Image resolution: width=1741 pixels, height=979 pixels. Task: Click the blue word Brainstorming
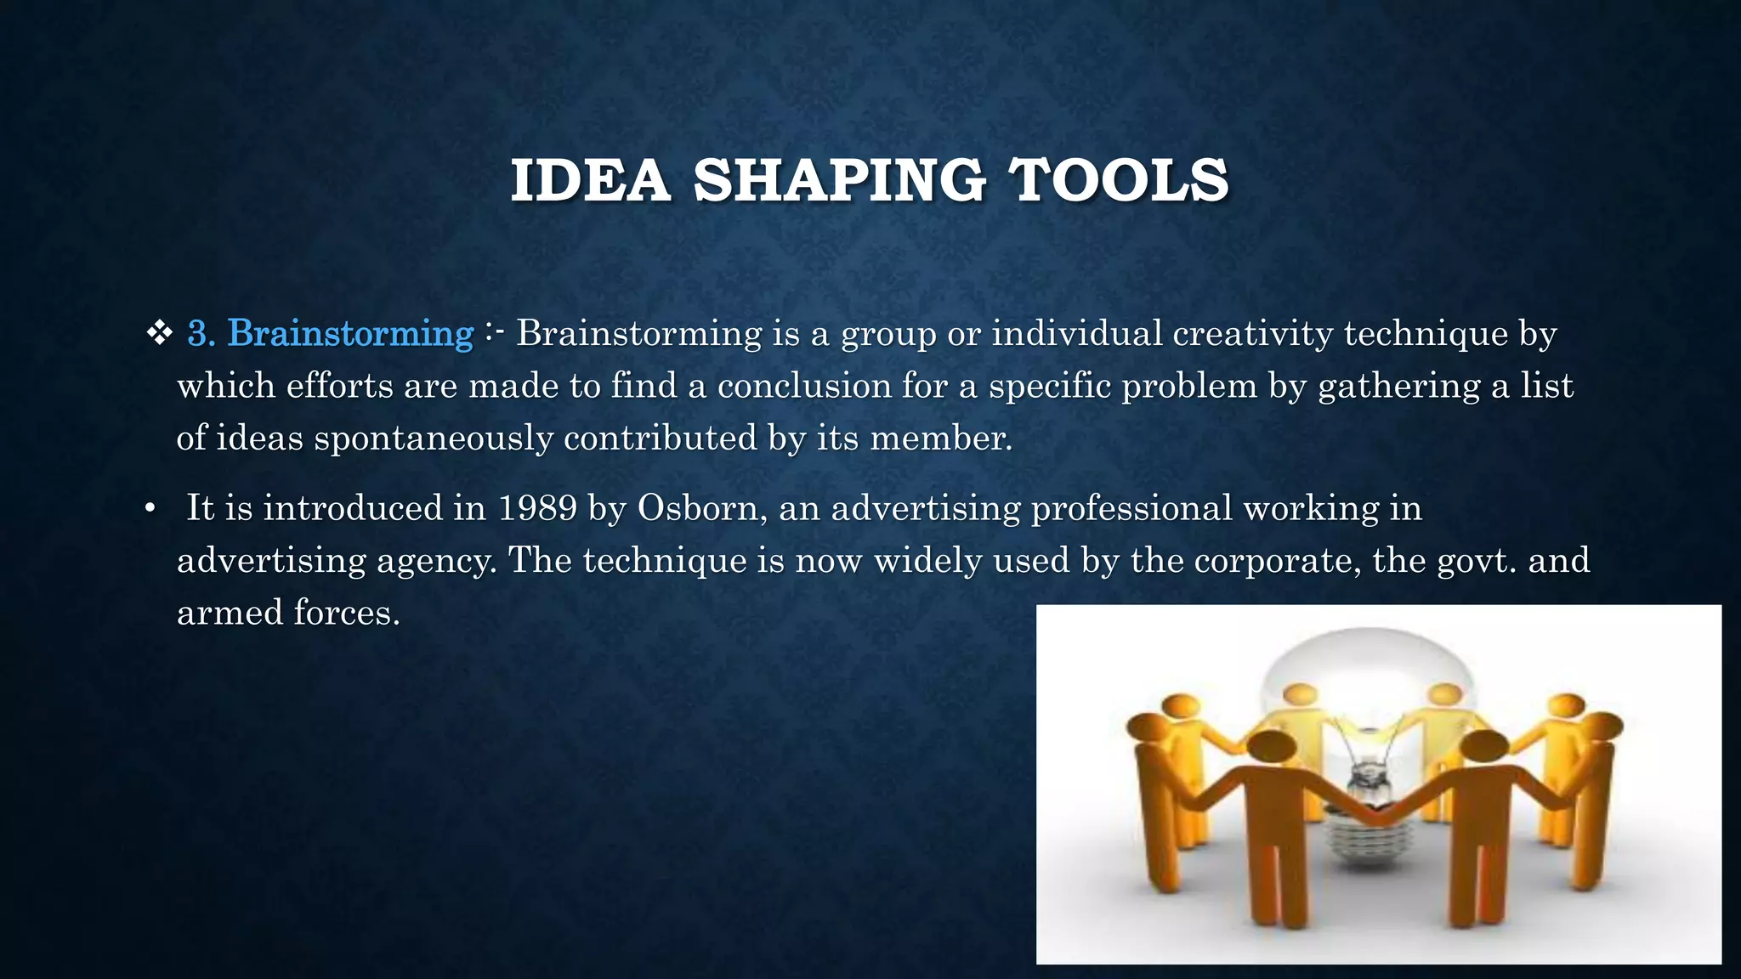[350, 333]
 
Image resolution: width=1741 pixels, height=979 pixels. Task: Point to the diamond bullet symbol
[159, 333]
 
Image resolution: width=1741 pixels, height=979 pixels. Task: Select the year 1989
[537, 508]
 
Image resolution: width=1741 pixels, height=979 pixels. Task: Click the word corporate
[1270, 561]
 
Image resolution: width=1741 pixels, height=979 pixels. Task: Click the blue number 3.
[201, 333]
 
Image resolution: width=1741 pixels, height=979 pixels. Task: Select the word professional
[1131, 508]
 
